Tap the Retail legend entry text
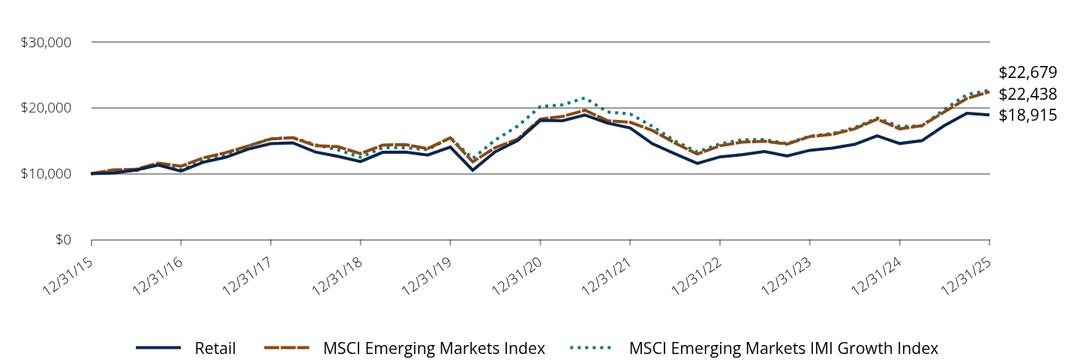[x=215, y=348]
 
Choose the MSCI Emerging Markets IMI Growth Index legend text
[x=784, y=348]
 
